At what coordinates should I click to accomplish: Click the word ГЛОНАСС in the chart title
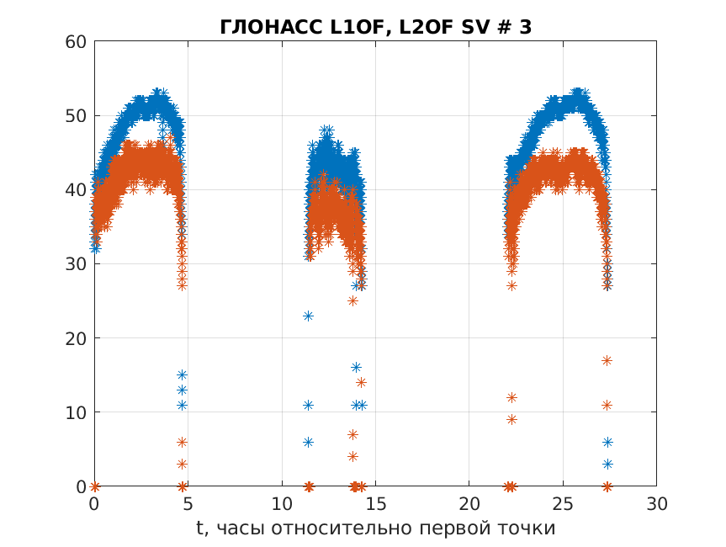(x=262, y=27)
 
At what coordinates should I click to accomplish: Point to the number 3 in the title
(x=526, y=27)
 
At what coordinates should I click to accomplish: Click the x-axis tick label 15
(x=375, y=503)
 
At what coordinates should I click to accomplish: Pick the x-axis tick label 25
(x=563, y=503)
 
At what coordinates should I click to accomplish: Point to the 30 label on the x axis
(x=656, y=503)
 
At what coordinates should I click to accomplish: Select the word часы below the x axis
(x=238, y=528)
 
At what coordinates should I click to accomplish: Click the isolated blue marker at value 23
(x=308, y=316)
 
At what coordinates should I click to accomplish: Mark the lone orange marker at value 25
(x=352, y=300)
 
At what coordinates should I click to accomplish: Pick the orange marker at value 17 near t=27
(x=607, y=360)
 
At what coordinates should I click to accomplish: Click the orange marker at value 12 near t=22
(x=511, y=397)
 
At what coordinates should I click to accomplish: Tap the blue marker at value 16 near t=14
(x=356, y=367)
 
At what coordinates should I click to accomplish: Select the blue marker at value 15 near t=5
(x=182, y=374)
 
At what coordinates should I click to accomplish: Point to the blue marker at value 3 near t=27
(x=607, y=464)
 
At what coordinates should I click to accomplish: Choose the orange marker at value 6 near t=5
(x=182, y=442)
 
